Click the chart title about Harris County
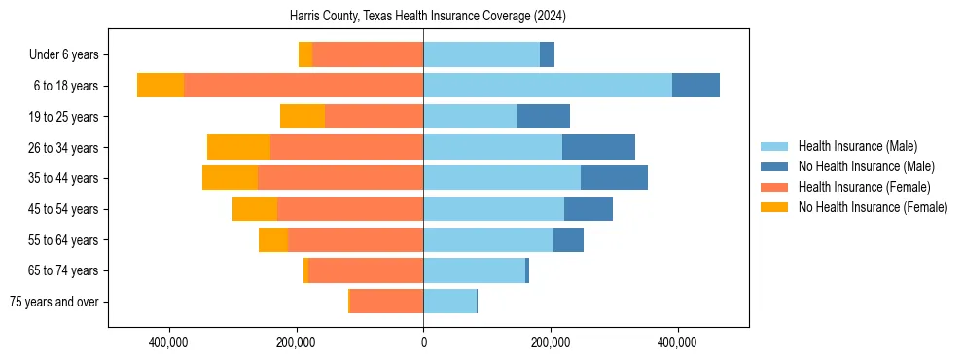(428, 17)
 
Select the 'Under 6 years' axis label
(69, 54)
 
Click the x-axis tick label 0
(423, 342)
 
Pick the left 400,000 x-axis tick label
(169, 342)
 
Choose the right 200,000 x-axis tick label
(551, 342)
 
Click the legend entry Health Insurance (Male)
(857, 146)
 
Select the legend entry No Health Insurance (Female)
(873, 207)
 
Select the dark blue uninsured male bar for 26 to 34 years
(598, 147)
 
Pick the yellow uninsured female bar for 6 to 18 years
(160, 86)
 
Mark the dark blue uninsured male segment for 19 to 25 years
(544, 117)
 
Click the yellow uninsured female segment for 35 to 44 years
(230, 178)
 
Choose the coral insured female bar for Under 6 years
(368, 54)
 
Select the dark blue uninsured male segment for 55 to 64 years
(568, 239)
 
